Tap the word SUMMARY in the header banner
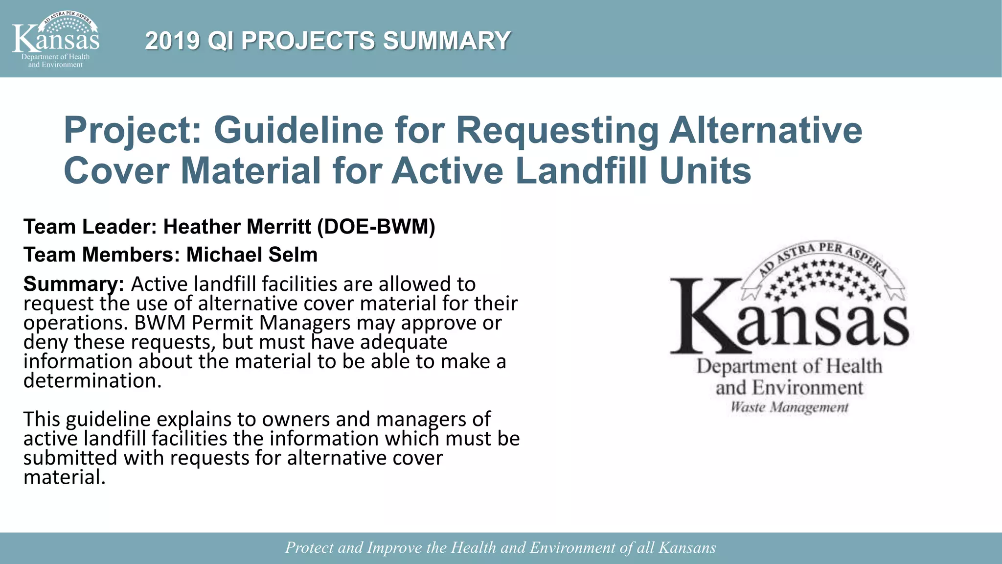[x=447, y=41]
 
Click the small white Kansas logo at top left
[x=55, y=39]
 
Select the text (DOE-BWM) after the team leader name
[x=376, y=227]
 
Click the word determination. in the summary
[x=92, y=380]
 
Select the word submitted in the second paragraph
[x=70, y=458]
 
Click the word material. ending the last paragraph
[x=64, y=477]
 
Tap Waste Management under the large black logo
[x=789, y=407]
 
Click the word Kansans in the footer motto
[x=687, y=547]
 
